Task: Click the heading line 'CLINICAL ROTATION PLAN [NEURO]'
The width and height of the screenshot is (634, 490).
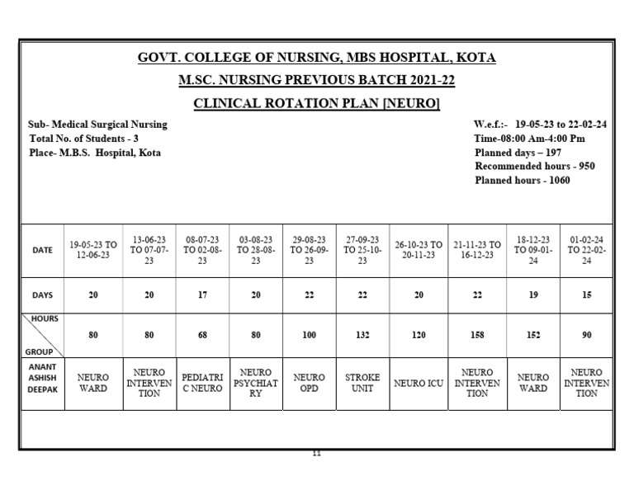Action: pos(316,103)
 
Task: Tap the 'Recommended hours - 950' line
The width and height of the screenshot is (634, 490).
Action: pos(535,167)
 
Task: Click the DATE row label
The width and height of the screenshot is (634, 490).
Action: pos(42,250)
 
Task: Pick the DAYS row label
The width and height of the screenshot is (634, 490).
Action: pos(42,294)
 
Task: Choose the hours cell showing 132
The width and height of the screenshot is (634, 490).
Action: pos(362,336)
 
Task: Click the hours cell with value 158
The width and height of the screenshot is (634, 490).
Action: pos(477,336)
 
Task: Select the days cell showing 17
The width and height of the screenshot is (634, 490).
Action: pos(202,294)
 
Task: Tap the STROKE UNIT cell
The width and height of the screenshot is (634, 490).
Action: pos(362,383)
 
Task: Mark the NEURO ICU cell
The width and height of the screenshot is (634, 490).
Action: pos(419,383)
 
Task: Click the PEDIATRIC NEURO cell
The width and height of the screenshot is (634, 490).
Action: pos(202,383)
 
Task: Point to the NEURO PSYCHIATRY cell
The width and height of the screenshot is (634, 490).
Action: pos(256,383)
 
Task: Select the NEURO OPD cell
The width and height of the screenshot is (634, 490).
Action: pos(309,383)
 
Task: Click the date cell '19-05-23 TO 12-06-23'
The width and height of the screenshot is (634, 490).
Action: pos(93,250)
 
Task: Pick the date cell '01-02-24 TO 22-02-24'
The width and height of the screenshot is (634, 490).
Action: pos(586,250)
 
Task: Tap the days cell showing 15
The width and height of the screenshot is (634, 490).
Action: pos(586,294)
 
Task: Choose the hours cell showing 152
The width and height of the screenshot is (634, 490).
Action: pos(532,336)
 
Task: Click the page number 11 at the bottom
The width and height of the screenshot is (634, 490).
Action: pos(316,454)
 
